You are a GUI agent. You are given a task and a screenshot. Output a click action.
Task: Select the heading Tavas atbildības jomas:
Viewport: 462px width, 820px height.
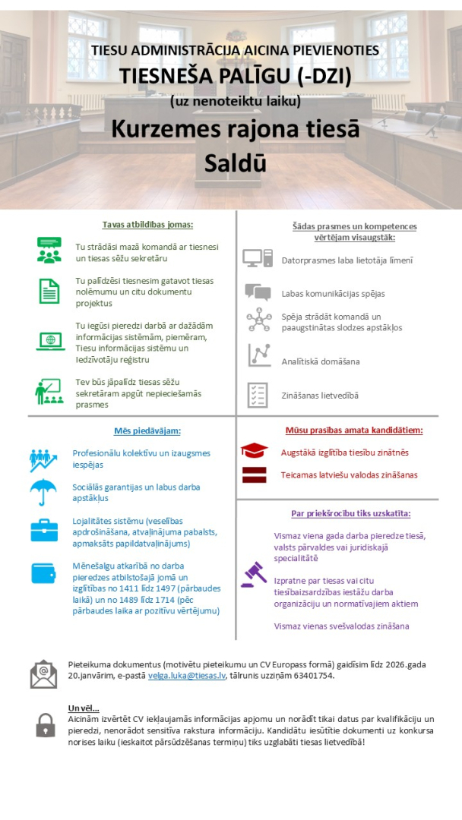[x=148, y=225]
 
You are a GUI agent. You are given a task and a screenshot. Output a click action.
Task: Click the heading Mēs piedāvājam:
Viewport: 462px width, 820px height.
[x=147, y=430]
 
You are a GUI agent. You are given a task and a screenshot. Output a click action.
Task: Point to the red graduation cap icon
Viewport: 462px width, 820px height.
[x=254, y=451]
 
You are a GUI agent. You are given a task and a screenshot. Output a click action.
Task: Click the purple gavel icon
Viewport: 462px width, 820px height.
[x=254, y=574]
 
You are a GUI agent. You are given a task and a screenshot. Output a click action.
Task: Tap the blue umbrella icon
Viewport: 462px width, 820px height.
[x=44, y=492]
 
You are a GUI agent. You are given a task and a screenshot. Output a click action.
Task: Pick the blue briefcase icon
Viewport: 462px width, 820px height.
[x=44, y=531]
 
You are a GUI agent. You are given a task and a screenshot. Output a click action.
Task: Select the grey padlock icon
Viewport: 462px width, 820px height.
[x=46, y=724]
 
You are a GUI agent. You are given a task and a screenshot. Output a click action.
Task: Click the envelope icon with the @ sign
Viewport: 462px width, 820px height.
[x=44, y=673]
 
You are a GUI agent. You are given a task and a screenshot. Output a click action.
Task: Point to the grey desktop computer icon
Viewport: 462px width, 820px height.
[x=258, y=259]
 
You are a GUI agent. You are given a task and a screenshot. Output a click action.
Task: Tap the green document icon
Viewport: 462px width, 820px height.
[x=49, y=291]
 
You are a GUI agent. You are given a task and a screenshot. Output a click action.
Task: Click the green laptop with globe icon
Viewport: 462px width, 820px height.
[x=49, y=341]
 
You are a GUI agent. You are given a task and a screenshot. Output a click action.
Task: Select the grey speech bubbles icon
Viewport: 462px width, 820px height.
[x=258, y=292]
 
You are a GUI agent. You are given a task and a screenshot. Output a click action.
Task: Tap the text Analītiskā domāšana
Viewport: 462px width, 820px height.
[x=321, y=361]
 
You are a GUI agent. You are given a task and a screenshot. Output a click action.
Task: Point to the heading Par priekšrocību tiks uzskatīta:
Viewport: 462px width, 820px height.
[x=350, y=513]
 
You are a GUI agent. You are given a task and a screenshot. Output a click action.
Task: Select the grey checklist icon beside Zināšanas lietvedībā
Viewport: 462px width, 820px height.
[x=258, y=395]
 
